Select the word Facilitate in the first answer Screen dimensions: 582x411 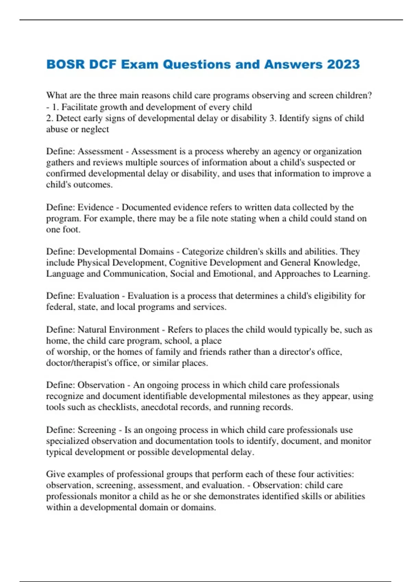pyautogui.click(x=79, y=107)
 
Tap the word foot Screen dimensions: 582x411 pyautogui.click(x=71, y=229)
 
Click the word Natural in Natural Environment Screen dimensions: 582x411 pyautogui.click(x=92, y=330)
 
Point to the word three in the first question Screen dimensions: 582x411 pyautogui.click(x=108, y=96)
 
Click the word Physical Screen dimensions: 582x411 pyautogui.click(x=93, y=263)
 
